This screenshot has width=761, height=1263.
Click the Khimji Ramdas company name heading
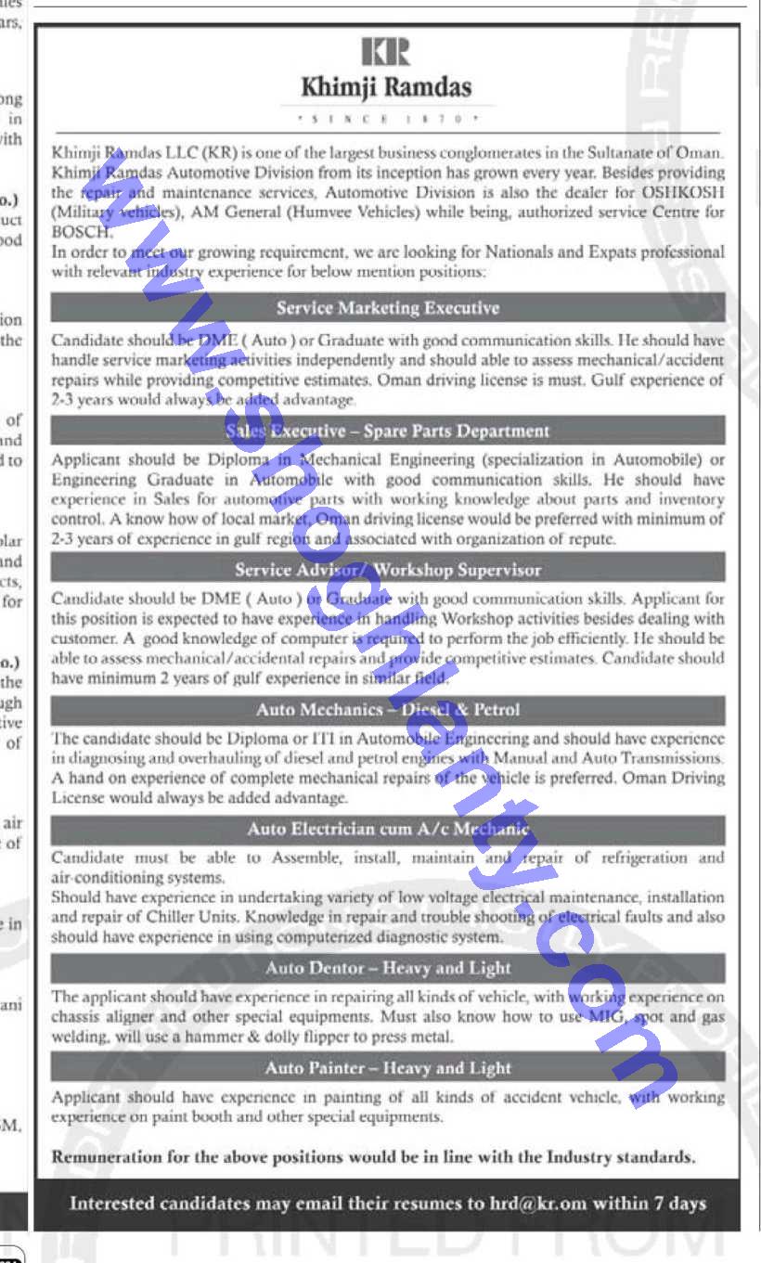pos(386,88)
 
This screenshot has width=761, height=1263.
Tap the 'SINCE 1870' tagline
pos(386,120)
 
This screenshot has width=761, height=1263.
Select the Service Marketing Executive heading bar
pos(388,308)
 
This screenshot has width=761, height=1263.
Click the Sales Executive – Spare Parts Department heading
pos(388,431)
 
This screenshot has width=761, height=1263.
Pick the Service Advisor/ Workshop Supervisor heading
pos(388,570)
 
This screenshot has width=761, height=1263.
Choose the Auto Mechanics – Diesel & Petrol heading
pos(388,710)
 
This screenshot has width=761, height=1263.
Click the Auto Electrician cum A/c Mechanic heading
pos(388,829)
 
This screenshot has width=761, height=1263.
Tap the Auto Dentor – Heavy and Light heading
pos(388,969)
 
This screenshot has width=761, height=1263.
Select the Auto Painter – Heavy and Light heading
pos(388,1068)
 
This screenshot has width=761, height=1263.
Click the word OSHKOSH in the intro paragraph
pos(681,192)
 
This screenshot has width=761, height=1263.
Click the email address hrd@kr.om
pos(539,1204)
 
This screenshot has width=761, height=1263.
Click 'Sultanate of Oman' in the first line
pos(658,152)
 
